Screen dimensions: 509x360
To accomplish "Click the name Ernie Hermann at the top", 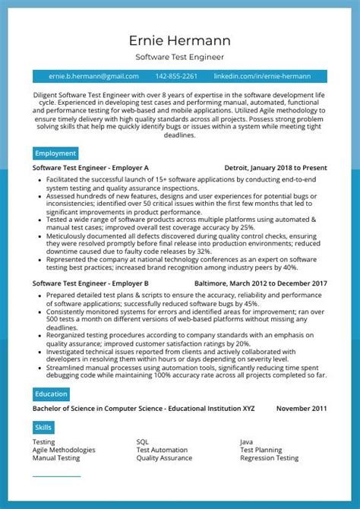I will (x=180, y=40).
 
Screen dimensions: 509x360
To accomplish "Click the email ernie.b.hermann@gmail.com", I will (x=93, y=77).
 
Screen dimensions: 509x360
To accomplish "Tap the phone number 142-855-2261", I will (x=176, y=77).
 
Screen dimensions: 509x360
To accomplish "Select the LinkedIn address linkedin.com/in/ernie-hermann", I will (x=262, y=77).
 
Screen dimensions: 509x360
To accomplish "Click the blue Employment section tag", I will (x=55, y=153).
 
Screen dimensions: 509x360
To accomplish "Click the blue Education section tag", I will (x=52, y=394).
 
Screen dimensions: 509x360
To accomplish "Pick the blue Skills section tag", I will (x=43, y=428).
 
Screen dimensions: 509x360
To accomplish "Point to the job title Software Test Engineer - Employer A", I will (x=90, y=167).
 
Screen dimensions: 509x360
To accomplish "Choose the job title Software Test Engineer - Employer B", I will (x=90, y=283).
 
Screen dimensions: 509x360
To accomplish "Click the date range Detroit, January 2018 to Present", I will (x=276, y=167).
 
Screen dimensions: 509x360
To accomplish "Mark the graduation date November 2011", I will (x=301, y=408).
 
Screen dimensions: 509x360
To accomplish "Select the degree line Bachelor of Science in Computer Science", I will (x=144, y=408).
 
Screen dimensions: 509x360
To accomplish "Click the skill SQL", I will (x=143, y=441).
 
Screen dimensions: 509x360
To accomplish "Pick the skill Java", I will (x=246, y=441).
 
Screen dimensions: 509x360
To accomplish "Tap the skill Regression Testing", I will (x=269, y=458).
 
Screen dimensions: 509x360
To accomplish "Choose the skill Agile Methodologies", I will (x=64, y=450).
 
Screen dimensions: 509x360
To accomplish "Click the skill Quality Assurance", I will (x=164, y=458).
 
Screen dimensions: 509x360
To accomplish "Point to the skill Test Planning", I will (x=261, y=450).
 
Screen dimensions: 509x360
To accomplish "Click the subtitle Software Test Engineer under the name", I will (x=180, y=57).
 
